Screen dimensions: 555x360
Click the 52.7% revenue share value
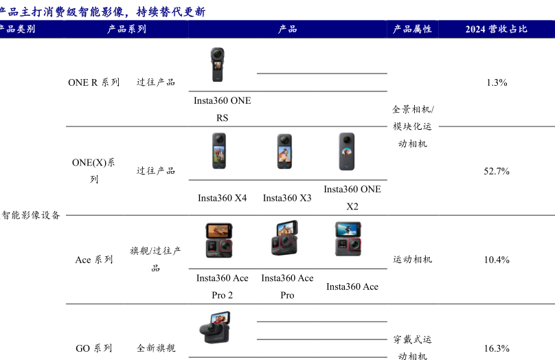point(497,171)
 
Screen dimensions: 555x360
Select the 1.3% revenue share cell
point(497,82)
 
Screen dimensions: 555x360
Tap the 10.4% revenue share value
point(497,260)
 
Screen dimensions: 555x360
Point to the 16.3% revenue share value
point(497,348)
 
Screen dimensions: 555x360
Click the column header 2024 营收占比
point(496,29)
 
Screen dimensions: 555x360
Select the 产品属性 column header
point(412,29)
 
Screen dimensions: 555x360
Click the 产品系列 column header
point(126,29)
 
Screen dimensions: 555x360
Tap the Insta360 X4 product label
point(223,198)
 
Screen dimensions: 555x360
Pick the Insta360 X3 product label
point(287,198)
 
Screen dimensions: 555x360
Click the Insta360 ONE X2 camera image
point(346,152)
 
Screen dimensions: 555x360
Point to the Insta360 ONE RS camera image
point(217,65)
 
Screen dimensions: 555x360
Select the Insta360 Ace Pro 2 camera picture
point(219,240)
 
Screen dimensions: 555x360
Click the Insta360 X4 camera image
point(219,150)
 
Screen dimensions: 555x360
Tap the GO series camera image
point(215,328)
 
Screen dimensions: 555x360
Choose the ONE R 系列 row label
point(94,82)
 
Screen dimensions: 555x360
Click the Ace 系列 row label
point(94,260)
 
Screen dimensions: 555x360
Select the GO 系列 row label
point(94,348)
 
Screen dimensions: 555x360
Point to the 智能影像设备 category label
point(30,215)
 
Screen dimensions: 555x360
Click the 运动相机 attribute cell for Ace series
point(412,260)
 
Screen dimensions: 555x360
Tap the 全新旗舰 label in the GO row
point(156,348)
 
